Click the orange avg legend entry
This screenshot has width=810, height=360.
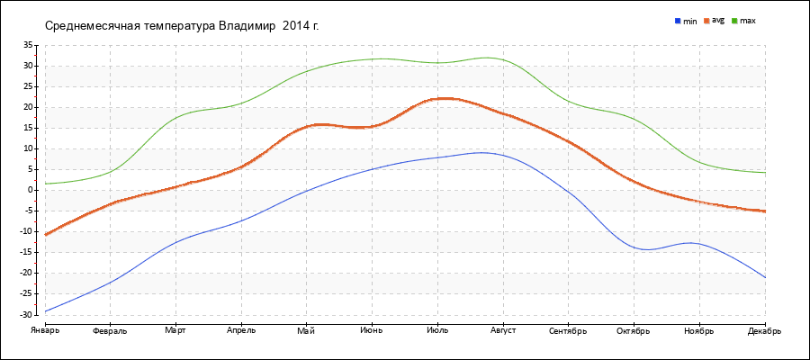(717, 20)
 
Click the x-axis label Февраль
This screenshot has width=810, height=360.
(110, 330)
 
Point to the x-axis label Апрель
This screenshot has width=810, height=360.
(240, 330)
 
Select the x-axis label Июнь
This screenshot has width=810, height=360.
(371, 330)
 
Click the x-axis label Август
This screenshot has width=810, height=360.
(502, 330)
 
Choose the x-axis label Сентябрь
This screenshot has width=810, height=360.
(568, 330)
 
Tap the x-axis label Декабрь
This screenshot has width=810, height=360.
(765, 330)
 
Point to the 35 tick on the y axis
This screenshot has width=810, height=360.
(28, 45)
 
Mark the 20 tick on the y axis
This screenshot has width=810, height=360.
(28, 107)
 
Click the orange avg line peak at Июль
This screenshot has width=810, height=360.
(437, 98)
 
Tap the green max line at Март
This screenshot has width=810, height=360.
(175, 117)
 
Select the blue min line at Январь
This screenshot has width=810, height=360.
(45, 311)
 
